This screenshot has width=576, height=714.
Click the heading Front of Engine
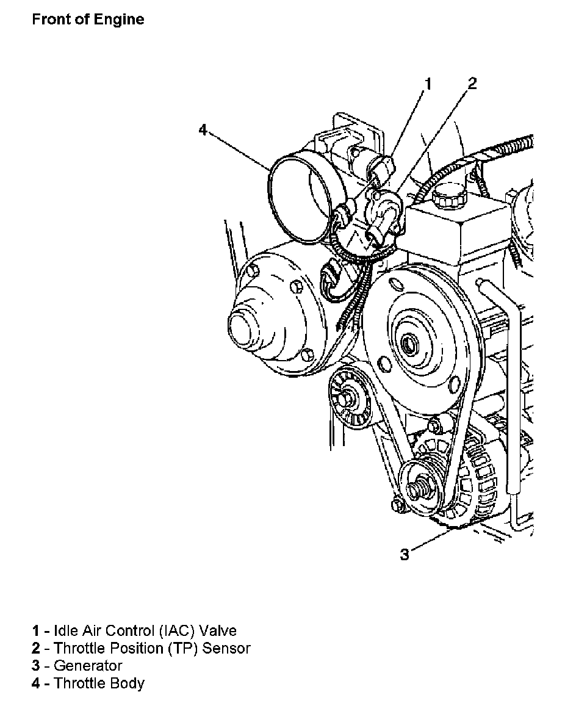pos(88,20)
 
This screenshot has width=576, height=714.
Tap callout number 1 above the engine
pos(428,84)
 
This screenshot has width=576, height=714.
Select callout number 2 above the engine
pos(472,84)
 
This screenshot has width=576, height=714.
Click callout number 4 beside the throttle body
pos(203,130)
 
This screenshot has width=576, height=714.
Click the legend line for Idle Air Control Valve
pos(134,630)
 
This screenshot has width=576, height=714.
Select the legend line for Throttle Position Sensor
pos(141,648)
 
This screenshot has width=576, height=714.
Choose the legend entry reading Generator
pos(77,665)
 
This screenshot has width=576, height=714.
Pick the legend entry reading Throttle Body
pos(88,683)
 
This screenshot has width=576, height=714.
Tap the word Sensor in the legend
pos(226,648)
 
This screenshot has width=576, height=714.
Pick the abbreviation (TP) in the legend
pos(182,648)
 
